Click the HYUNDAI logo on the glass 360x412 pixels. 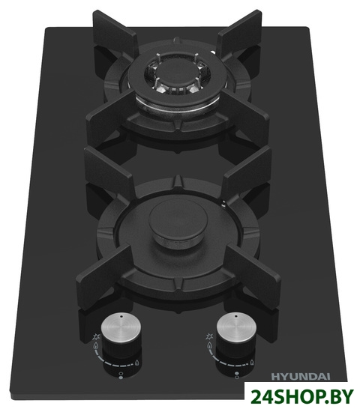point(300,376)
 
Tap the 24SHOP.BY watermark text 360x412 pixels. point(301,396)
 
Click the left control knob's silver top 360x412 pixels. point(121,327)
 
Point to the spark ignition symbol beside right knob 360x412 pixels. point(209,336)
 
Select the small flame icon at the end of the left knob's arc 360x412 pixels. point(137,363)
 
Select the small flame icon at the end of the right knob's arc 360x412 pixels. point(252,363)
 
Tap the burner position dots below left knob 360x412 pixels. point(121,375)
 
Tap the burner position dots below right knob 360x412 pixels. point(235,375)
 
